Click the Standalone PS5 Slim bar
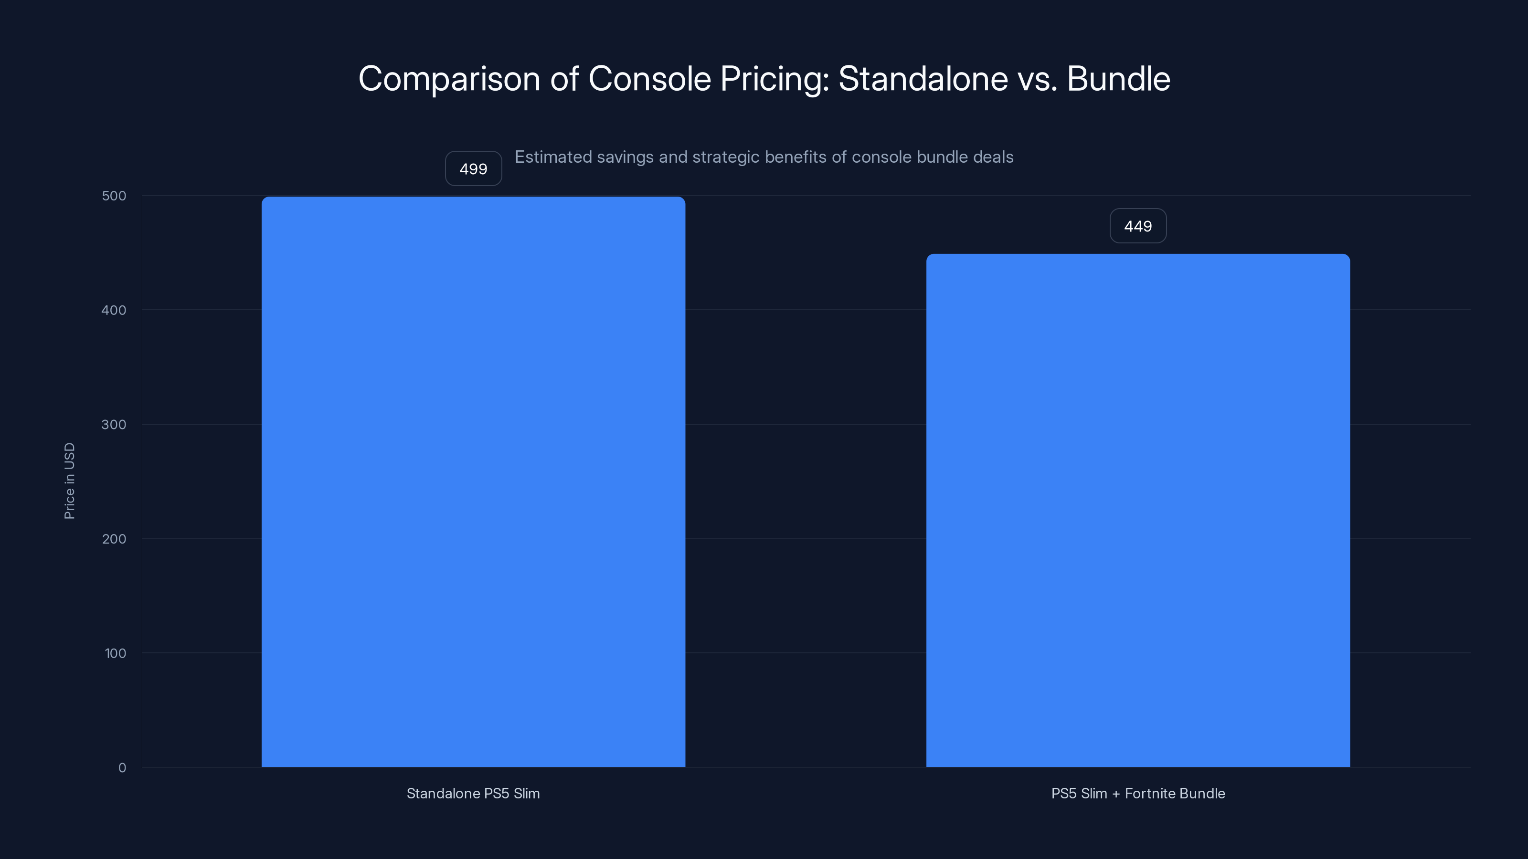pyautogui.click(x=473, y=482)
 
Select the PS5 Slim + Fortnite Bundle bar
pyautogui.click(x=1138, y=510)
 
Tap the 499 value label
pyautogui.click(x=473, y=169)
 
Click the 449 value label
pyautogui.click(x=1138, y=226)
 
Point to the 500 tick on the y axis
pyautogui.click(x=114, y=196)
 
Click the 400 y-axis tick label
pyautogui.click(x=114, y=310)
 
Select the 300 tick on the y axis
pyautogui.click(x=114, y=424)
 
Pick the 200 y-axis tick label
pyautogui.click(x=114, y=539)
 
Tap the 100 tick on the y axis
pyautogui.click(x=115, y=653)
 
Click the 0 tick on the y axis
pyautogui.click(x=122, y=768)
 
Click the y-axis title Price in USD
pyautogui.click(x=69, y=481)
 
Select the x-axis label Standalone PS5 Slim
pyautogui.click(x=473, y=793)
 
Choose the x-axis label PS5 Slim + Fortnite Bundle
pyautogui.click(x=1138, y=793)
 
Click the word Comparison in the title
pyautogui.click(x=449, y=79)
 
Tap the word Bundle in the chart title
pyautogui.click(x=1118, y=79)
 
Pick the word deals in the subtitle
pyautogui.click(x=994, y=157)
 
